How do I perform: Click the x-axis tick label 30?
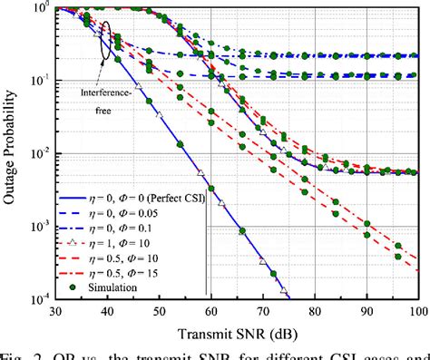(56, 310)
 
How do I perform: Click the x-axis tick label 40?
(106, 310)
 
